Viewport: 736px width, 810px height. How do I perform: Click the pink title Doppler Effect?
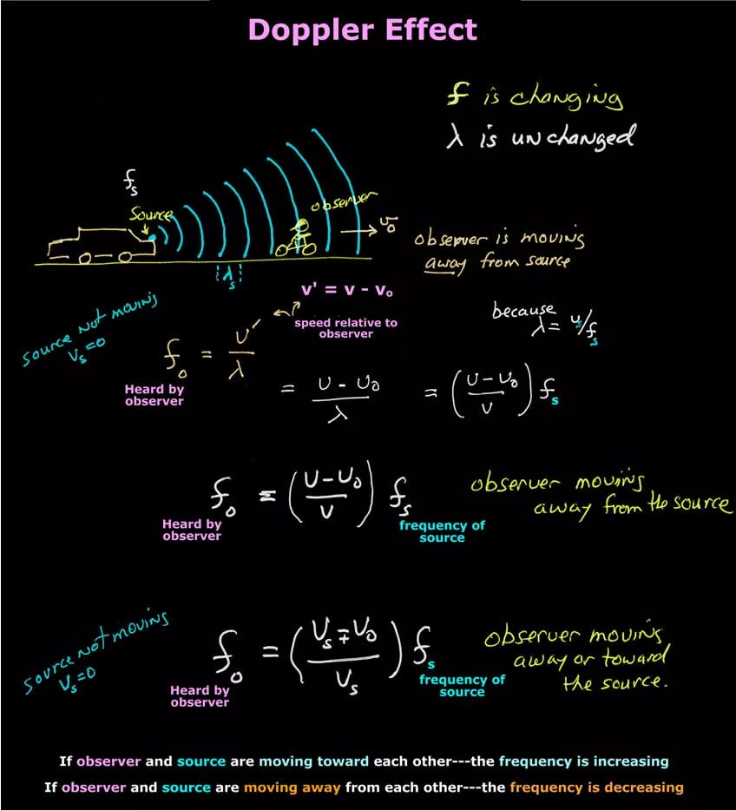tap(362, 30)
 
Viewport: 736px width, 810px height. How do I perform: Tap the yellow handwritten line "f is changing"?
tap(535, 96)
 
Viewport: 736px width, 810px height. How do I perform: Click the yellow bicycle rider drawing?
tap(298, 239)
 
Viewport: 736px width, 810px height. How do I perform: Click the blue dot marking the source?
tap(153, 235)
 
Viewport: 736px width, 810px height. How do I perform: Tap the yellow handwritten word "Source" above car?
tap(150, 214)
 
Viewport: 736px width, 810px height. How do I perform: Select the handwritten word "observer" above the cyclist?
tap(344, 203)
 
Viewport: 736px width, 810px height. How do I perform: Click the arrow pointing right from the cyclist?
tap(358, 232)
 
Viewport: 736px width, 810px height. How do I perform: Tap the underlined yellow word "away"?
tap(441, 262)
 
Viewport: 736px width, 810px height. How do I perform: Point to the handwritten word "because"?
tap(522, 310)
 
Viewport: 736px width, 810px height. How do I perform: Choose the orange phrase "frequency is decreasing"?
tap(596, 787)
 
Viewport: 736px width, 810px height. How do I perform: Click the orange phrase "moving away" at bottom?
tap(292, 787)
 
